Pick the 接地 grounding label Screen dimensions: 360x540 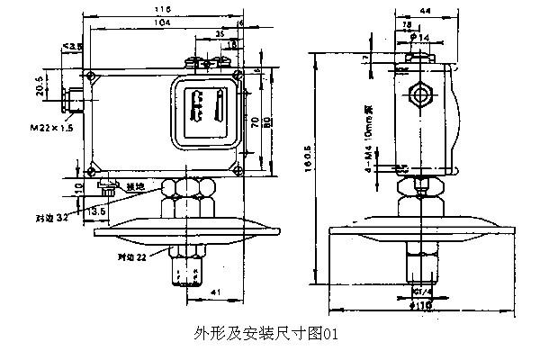(135, 186)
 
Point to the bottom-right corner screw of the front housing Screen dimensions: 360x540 (237, 168)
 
